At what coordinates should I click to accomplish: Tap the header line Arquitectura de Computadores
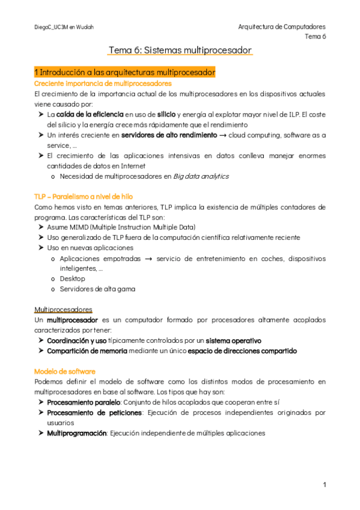(282, 27)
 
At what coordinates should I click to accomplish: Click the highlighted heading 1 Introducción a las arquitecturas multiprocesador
(124, 73)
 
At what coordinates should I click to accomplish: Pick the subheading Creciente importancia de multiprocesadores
(103, 84)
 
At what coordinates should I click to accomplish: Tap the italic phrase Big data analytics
(201, 176)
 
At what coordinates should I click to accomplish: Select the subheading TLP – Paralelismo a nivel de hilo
(84, 197)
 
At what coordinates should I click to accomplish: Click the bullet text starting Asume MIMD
(121, 227)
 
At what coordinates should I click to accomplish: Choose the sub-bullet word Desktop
(73, 278)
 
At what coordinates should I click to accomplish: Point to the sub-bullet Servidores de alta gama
(97, 289)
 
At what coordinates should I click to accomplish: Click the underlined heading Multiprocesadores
(63, 309)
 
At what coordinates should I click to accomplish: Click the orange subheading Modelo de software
(64, 371)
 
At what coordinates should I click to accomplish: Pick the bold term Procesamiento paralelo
(84, 402)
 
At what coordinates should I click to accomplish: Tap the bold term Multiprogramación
(77, 433)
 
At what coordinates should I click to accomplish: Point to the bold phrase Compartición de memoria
(87, 351)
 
